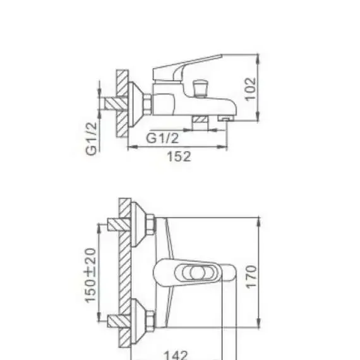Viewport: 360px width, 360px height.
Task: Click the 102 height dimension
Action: (251, 89)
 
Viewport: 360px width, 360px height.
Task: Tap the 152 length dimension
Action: (179, 157)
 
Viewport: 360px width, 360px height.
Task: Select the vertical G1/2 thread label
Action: (92, 139)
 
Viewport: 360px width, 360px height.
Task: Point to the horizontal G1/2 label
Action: (162, 138)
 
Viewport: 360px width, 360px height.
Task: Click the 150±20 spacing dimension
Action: (90, 275)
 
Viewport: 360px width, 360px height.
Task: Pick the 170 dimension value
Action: (251, 277)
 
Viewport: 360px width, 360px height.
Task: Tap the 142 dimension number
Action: (176, 355)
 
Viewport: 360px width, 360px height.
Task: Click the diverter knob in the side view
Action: (200, 88)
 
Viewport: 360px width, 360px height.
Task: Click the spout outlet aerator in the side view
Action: (226, 119)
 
